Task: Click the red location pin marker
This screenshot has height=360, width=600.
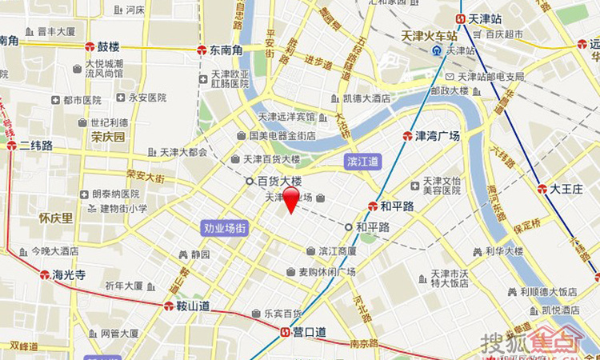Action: tap(291, 200)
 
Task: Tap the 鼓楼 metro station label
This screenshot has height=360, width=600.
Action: tap(107, 47)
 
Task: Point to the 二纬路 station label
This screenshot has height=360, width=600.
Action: tap(37, 146)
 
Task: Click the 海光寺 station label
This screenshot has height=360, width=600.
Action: tap(68, 274)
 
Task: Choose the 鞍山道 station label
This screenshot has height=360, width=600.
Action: tap(193, 306)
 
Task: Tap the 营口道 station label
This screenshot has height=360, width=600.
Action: tap(309, 332)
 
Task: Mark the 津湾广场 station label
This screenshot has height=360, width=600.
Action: tap(438, 136)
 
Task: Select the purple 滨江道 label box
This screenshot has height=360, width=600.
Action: tap(364, 162)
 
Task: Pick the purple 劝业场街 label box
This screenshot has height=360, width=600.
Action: tap(225, 228)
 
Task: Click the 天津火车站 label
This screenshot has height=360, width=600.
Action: tap(430, 36)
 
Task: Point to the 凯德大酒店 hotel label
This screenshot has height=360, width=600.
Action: tap(366, 98)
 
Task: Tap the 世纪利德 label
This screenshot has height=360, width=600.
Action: tap(109, 122)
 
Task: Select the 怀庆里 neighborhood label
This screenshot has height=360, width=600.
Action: tap(55, 218)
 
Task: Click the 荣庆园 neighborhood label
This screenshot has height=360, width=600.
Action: tap(108, 137)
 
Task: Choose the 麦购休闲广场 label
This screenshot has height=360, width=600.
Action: tap(326, 272)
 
